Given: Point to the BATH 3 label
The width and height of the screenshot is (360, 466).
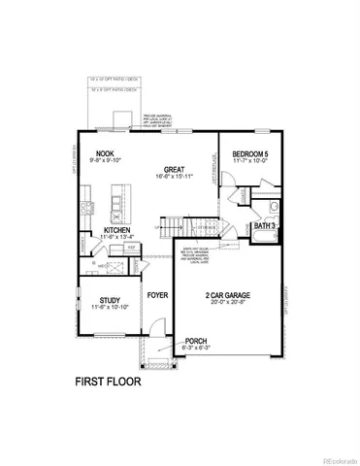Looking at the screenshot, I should (265, 226).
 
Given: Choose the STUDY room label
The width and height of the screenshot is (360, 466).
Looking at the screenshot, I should (103, 300).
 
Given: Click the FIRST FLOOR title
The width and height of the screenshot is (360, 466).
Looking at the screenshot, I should (108, 383).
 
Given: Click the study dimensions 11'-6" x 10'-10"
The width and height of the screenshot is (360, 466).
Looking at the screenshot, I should (103, 309).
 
